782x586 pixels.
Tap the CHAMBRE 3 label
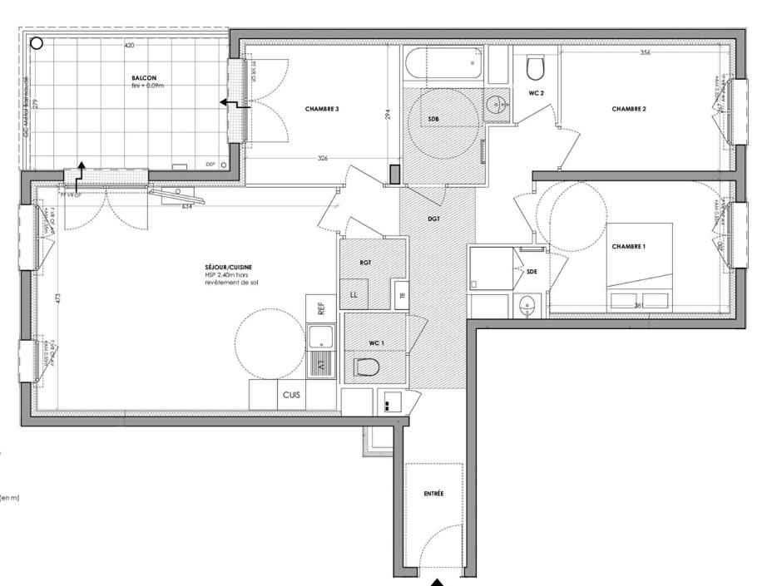point(321,109)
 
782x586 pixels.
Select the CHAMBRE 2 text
point(629,109)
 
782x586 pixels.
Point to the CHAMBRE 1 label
point(628,247)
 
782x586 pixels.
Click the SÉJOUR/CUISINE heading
point(229,267)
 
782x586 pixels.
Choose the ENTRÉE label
point(433,494)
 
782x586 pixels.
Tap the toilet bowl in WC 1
point(367,367)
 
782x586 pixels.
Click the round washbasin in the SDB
point(497,105)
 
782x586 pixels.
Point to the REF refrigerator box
point(320,308)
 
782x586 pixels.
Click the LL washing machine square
point(355,294)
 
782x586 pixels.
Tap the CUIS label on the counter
point(291,395)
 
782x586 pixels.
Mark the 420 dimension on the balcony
point(129,45)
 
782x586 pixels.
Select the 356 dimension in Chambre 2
point(646,52)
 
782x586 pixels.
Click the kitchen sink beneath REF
point(320,337)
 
